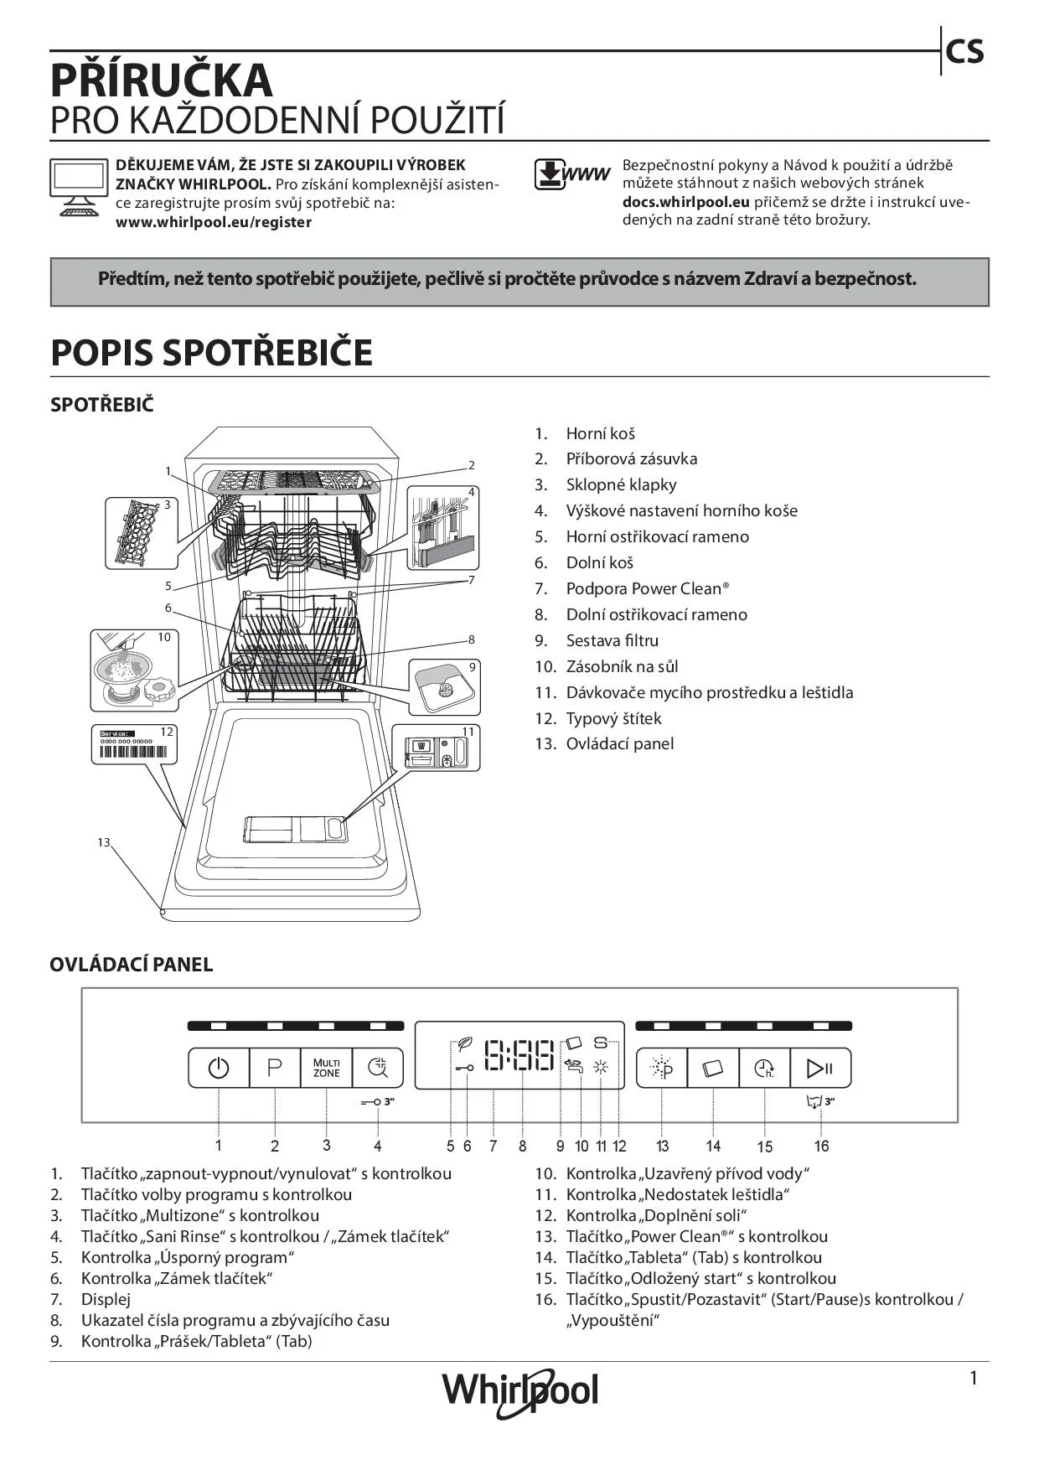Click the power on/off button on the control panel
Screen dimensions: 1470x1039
point(218,1069)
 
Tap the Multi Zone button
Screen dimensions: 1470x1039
point(327,1069)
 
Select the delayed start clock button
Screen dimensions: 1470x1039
point(764,1069)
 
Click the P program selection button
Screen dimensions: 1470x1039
point(275,1069)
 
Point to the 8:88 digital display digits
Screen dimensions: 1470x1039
point(519,1057)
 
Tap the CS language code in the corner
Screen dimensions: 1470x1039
point(964,52)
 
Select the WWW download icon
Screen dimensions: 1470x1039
point(571,174)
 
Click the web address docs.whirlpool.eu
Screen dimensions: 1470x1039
point(685,202)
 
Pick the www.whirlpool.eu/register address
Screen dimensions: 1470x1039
point(213,222)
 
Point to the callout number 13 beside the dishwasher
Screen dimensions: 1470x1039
point(103,842)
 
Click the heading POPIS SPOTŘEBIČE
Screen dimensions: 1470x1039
point(211,353)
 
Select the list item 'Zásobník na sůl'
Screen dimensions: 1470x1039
point(622,667)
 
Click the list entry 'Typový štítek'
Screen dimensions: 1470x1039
point(613,718)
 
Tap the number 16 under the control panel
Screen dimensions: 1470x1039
point(821,1146)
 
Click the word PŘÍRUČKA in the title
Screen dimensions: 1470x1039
point(162,80)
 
